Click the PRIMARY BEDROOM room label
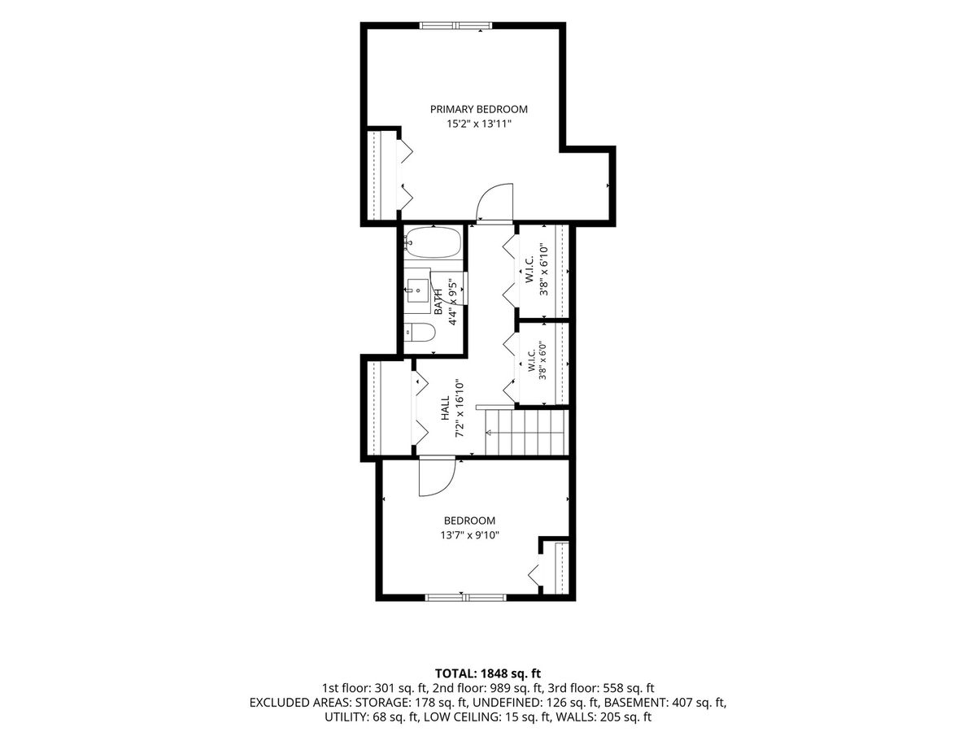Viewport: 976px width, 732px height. [x=478, y=109]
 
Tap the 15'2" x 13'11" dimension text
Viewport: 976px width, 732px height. [x=479, y=124]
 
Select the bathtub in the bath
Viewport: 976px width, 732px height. [x=432, y=242]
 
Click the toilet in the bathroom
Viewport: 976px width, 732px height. [x=420, y=333]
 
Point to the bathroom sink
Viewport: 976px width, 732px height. [x=417, y=290]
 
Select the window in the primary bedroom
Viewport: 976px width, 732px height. [x=455, y=25]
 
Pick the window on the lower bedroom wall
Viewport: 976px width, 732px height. [x=465, y=598]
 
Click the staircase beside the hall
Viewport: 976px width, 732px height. [x=526, y=432]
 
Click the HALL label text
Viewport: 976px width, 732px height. [x=445, y=408]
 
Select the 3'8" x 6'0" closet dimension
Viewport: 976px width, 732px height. [x=542, y=359]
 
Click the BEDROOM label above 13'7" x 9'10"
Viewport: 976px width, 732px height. [x=469, y=520]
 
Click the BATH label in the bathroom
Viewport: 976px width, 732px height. [x=438, y=302]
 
